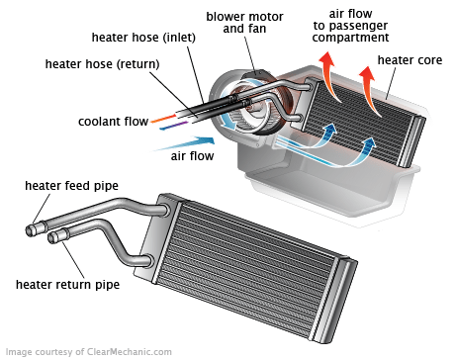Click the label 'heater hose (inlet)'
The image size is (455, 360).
[143, 38]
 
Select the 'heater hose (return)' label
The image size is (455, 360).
[102, 64]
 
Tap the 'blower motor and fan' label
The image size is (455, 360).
[244, 23]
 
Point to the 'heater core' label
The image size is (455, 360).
[409, 60]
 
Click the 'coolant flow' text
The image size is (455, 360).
[113, 122]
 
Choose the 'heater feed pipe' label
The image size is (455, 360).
[71, 186]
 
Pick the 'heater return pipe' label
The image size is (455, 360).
[67, 284]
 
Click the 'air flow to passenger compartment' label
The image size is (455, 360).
[350, 26]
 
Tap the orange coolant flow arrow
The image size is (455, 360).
[163, 119]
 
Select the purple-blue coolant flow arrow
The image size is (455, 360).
[173, 126]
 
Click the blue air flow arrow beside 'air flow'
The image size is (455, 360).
[186, 143]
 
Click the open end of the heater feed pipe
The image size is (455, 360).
[30, 230]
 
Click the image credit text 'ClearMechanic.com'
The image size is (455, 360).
[130, 352]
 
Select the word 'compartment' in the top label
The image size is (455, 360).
[350, 38]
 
